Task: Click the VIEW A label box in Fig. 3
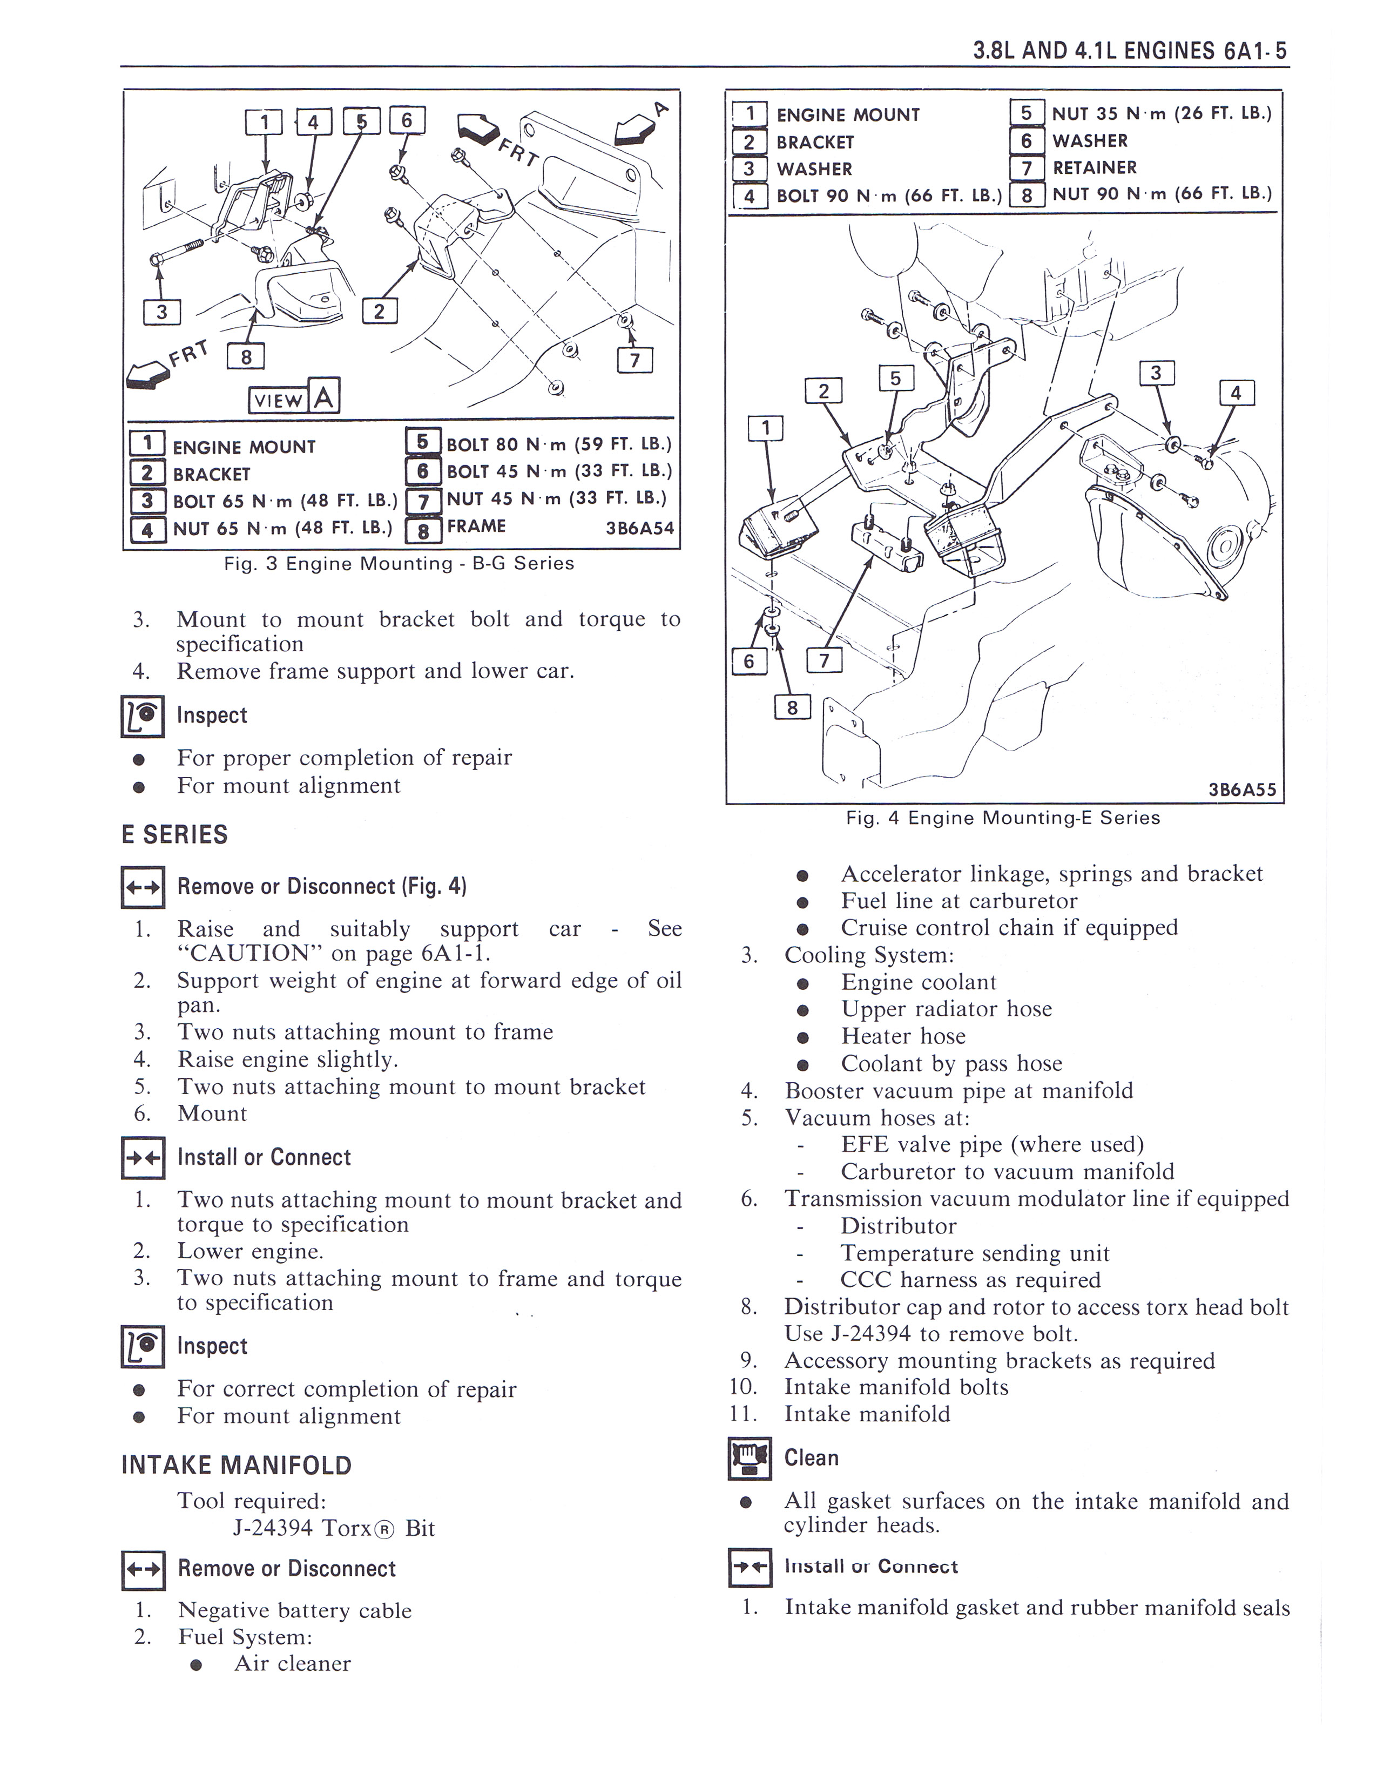tap(294, 398)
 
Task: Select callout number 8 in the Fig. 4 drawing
tap(791, 707)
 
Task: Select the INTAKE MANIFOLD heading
tap(237, 1464)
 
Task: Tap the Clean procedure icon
tap(749, 1458)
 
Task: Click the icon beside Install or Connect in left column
tap(143, 1158)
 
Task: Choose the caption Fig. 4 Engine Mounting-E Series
tap(1003, 818)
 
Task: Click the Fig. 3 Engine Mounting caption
tap(399, 563)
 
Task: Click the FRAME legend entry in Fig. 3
tap(476, 526)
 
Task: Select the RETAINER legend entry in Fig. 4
tap(1094, 167)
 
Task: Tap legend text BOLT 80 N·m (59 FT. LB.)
tap(559, 444)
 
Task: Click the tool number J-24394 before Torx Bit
tap(273, 1528)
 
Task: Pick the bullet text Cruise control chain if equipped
tap(1009, 927)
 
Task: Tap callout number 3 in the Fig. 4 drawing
tap(1155, 374)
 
